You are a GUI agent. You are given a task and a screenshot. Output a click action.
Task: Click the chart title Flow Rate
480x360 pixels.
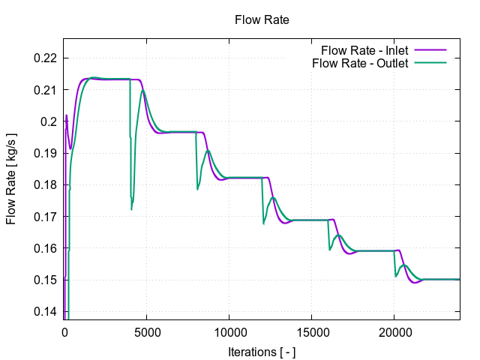[262, 20]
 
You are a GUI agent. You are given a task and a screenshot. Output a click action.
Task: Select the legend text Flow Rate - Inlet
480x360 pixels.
[364, 51]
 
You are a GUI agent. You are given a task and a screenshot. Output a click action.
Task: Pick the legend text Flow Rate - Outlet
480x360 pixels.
[360, 63]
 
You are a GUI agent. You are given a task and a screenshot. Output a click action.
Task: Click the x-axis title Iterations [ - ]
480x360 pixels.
[262, 350]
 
